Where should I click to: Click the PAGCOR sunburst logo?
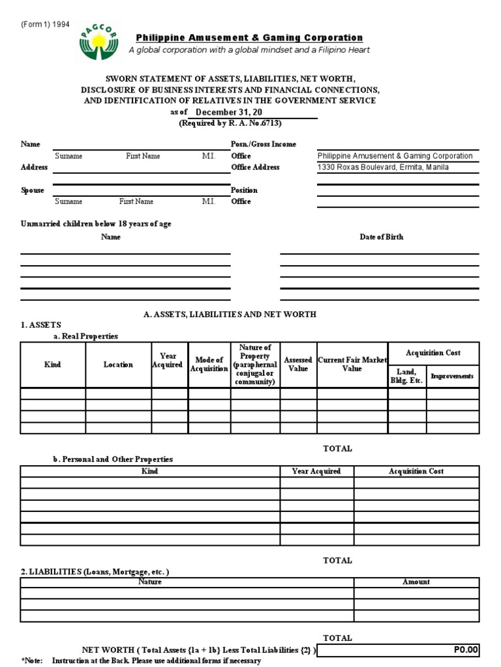(x=100, y=42)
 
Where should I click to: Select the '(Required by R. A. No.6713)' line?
(x=230, y=123)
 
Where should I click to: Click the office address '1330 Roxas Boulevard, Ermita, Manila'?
(x=383, y=167)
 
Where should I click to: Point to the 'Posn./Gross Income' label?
(x=263, y=144)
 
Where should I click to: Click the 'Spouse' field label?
(x=33, y=190)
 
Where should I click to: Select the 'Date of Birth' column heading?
(x=381, y=237)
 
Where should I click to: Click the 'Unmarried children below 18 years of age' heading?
(x=96, y=224)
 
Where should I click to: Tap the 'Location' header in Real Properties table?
(x=118, y=365)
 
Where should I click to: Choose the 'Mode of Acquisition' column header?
(x=209, y=365)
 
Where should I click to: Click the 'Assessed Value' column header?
(x=298, y=364)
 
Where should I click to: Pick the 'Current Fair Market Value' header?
(x=352, y=364)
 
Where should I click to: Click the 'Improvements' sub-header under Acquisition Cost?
(x=452, y=376)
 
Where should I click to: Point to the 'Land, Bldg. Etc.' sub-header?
(x=407, y=376)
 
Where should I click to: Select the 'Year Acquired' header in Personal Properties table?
(x=316, y=471)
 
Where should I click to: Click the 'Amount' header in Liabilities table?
(x=416, y=582)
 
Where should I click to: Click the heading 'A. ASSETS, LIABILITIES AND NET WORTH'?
(x=230, y=314)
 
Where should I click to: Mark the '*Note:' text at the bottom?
(x=32, y=660)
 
